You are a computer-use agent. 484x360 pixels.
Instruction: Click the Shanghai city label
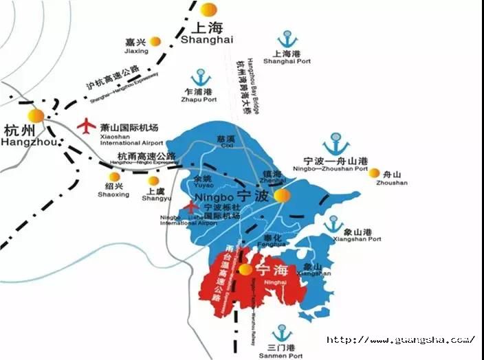203,34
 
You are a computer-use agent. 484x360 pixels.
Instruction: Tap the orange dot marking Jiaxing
156,41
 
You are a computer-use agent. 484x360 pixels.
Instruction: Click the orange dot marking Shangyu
154,181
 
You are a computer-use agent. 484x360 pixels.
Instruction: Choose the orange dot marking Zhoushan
375,172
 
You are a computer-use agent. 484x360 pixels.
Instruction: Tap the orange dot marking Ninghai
245,270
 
